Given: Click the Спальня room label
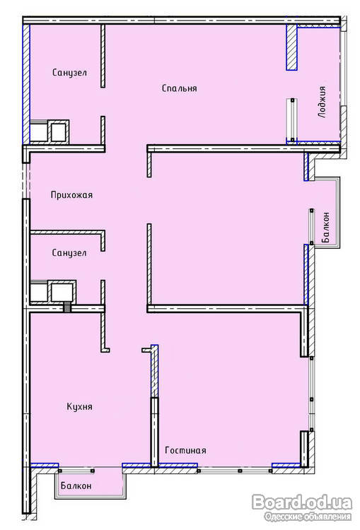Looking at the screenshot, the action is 180,88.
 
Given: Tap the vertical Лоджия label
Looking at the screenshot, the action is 323,102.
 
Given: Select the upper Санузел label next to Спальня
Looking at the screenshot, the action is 69,73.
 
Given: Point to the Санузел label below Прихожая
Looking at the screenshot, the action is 69,253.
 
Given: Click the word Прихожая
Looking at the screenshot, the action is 71,195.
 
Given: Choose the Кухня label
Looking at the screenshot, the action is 79,406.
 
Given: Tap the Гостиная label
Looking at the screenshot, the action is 185,450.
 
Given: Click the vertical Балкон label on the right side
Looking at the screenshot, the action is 326,227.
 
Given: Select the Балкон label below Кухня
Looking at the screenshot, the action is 76,485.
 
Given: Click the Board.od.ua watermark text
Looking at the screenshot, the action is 302,502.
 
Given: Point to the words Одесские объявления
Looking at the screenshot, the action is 308,517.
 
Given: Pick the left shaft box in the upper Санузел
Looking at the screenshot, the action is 39,131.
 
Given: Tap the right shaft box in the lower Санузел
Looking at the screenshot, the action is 63,291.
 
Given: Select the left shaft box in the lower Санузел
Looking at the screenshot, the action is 39,291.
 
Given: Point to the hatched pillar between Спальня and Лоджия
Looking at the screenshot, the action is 291,47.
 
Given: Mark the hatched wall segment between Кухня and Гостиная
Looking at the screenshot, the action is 154,371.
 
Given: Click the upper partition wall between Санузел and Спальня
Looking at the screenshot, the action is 103,56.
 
